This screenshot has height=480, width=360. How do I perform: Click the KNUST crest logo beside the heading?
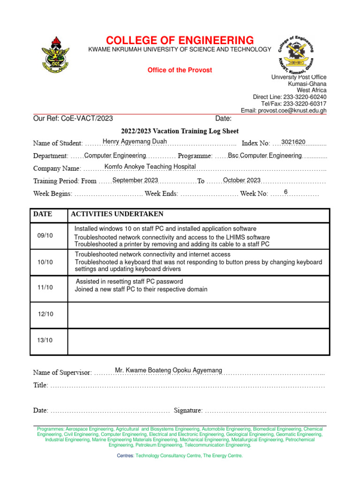(56, 55)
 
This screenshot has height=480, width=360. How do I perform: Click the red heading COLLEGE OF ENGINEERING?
(180, 40)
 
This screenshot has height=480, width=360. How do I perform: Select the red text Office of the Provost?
(180, 70)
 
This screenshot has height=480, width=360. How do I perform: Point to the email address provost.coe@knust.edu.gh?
(284, 111)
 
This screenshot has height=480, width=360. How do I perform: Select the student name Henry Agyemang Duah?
(135, 142)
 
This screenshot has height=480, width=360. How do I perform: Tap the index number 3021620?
(293, 142)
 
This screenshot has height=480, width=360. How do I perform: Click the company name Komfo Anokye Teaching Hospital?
(150, 167)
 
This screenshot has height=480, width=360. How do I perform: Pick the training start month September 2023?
(135, 180)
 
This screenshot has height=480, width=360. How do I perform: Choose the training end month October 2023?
(241, 180)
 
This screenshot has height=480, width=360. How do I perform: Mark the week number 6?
(285, 192)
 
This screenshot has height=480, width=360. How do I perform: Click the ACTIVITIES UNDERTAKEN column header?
(117, 214)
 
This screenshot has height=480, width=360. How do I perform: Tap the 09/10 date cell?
(45, 236)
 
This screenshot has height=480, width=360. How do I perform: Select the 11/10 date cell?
(45, 287)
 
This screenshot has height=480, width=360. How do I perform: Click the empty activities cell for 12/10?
(199, 315)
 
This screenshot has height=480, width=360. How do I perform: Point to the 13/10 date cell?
(45, 340)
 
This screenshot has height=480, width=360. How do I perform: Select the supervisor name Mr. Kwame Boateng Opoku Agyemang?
(168, 371)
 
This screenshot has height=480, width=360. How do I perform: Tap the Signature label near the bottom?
(188, 411)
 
